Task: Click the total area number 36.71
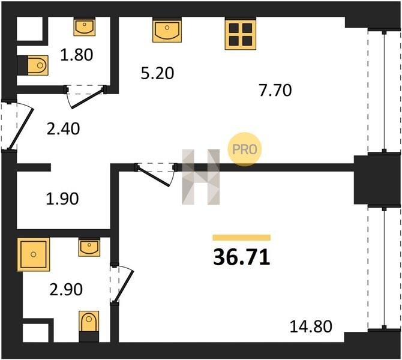(242, 257)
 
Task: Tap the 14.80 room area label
(311, 326)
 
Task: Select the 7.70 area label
(275, 90)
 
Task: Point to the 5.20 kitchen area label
(157, 73)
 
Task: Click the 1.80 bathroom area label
(77, 55)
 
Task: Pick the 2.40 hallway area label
(64, 128)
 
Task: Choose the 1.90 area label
(62, 199)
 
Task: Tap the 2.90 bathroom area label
(66, 289)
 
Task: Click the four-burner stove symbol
(241, 34)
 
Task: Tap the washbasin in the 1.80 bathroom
(85, 27)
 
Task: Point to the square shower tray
(34, 254)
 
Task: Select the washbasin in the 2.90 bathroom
(89, 248)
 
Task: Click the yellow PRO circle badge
(245, 149)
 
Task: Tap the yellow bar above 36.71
(242, 238)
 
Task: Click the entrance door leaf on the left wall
(21, 129)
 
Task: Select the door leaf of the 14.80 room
(153, 176)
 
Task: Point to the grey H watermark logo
(201, 177)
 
